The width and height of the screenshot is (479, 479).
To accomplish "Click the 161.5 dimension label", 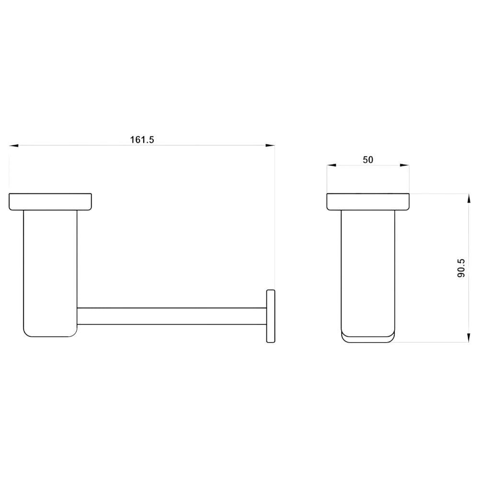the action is pos(142,139).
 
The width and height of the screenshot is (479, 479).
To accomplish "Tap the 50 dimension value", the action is pos(368,160).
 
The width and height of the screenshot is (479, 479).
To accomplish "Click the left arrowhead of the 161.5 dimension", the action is pos(13,146).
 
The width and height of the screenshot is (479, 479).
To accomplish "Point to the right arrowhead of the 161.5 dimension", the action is pos(270,146).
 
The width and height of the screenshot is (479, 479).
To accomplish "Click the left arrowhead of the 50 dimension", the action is pos(331,165).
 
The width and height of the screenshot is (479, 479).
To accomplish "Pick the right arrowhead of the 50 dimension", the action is pos(404,165).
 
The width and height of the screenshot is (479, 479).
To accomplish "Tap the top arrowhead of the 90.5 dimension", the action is pos(468,198).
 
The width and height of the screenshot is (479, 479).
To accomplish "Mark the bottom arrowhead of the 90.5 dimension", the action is pos(468,338).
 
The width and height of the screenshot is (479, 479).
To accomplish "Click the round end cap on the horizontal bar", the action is pos(271,316).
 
